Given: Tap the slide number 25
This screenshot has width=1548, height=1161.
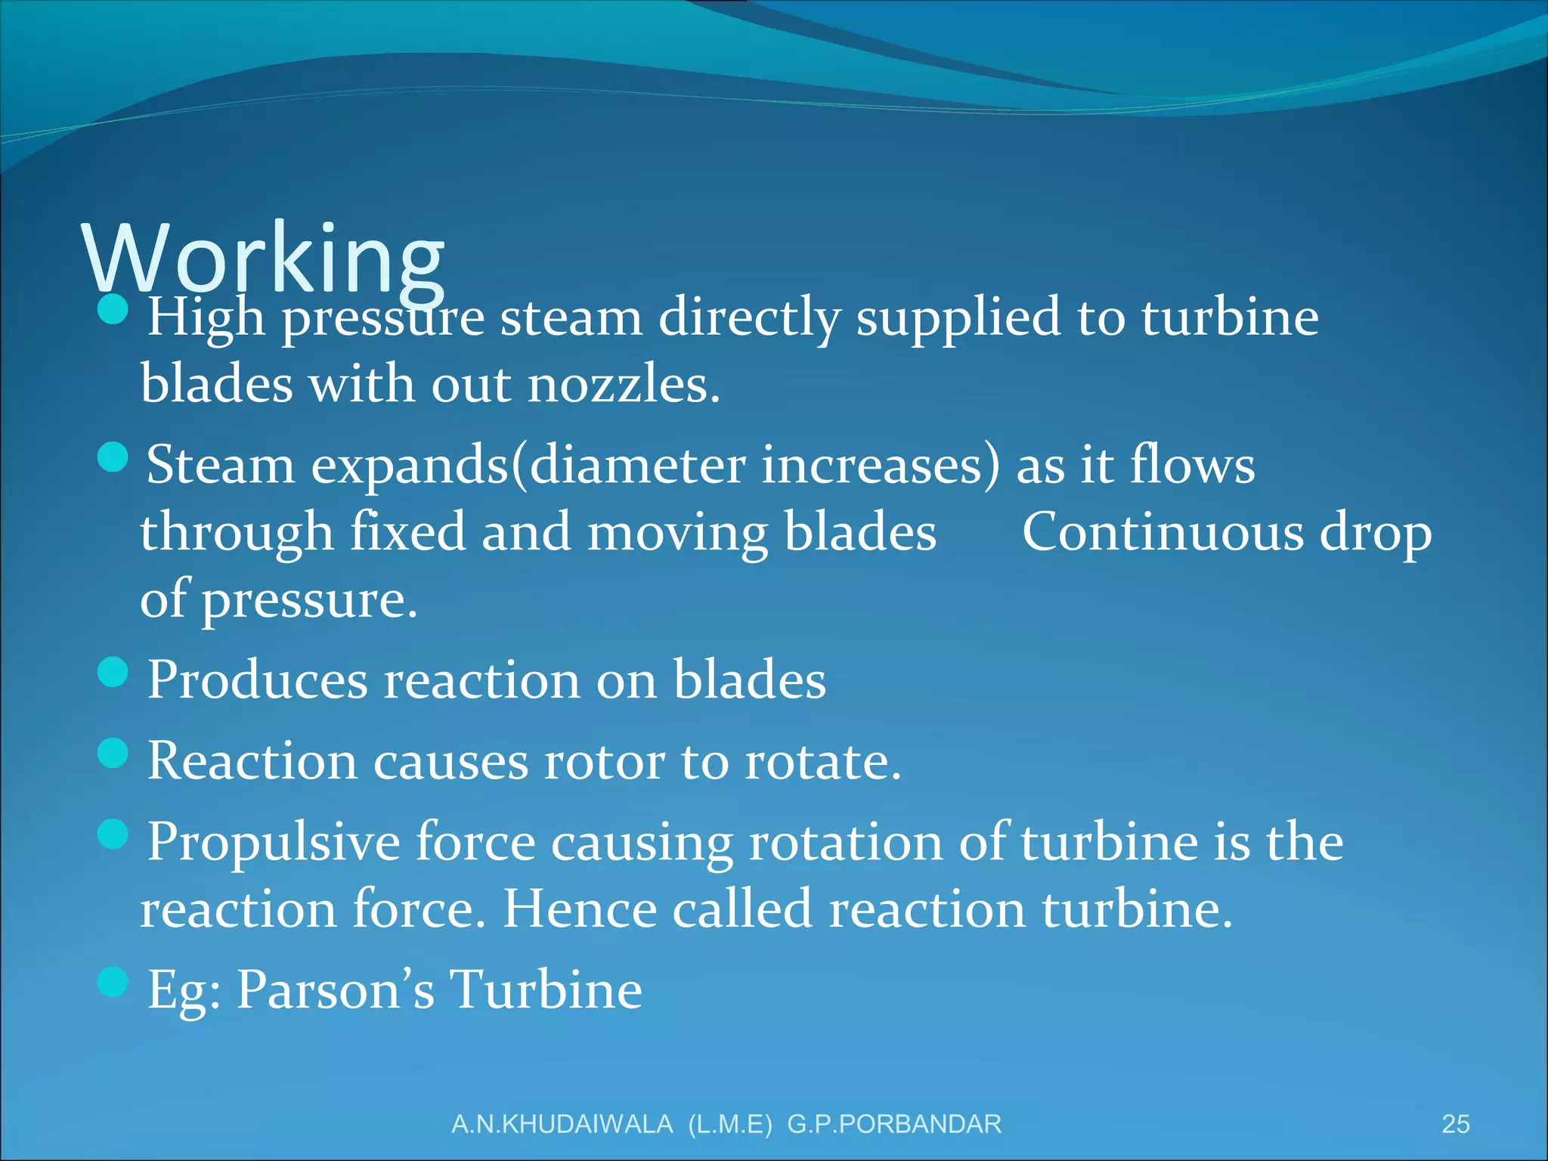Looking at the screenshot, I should pos(1455,1124).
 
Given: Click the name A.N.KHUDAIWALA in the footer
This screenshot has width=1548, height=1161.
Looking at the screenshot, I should pos(562,1124).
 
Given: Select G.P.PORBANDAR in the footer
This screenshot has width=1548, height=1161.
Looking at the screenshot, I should pos(894,1124).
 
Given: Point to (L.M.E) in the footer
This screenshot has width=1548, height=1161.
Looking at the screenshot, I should pos(730,1124).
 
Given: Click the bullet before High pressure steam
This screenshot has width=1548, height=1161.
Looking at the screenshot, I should pos(113,309).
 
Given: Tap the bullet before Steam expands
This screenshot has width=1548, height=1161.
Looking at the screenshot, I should pos(113,457).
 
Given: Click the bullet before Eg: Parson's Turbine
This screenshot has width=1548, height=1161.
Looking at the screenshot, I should pos(113,982).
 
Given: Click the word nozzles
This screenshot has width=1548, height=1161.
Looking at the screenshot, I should pos(623,385).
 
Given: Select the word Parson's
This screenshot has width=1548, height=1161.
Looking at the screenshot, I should pos(336,989).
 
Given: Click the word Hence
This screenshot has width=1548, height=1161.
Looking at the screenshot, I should pos(580,909).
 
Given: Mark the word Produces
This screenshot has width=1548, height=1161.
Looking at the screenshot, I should pos(257,680).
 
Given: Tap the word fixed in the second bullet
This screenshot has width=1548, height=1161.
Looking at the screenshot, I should pos(407,532).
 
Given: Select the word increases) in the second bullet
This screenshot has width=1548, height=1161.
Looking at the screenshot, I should pos(881,465).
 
